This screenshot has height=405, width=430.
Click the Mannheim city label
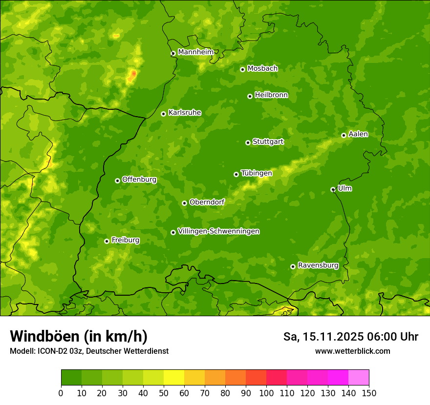point(195,52)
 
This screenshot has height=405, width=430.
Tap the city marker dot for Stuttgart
point(248,142)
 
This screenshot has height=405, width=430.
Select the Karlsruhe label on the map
point(185,113)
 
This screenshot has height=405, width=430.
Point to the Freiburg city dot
point(107,241)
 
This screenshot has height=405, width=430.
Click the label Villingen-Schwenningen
point(218,231)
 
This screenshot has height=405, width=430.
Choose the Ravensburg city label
point(318,265)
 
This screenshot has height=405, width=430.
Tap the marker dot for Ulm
point(333,189)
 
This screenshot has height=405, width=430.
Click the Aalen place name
point(358,134)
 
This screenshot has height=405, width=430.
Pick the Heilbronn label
point(271,95)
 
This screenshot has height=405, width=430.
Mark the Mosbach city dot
point(242,69)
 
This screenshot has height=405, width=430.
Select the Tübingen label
point(257,173)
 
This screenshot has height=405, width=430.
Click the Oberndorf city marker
point(184,203)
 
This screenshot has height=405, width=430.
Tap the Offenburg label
point(139,180)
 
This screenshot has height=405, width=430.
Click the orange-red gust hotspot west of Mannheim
point(133,74)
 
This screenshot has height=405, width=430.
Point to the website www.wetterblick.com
point(352,351)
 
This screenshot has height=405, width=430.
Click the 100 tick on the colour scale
point(266,393)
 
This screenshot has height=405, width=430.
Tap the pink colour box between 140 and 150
point(359,378)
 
